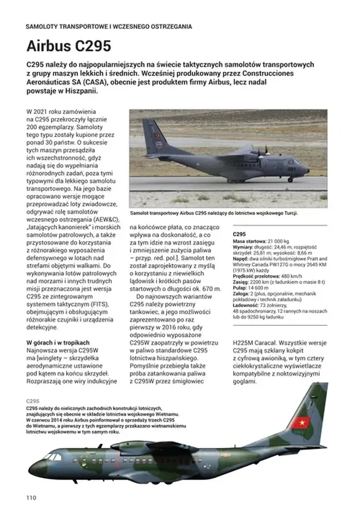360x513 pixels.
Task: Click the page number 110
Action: pyautogui.click(x=31, y=497)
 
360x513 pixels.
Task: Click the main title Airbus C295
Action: pyautogui.click(x=69, y=46)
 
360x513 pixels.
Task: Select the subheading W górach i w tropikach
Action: pyautogui.click(x=64, y=342)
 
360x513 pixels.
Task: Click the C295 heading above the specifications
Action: pyautogui.click(x=240, y=234)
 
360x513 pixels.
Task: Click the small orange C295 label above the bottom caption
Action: pyautogui.click(x=34, y=401)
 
